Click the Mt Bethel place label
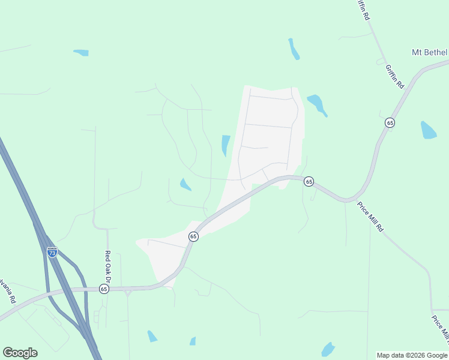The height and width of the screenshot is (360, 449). pyautogui.click(x=429, y=52)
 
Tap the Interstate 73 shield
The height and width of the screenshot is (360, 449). pyautogui.click(x=52, y=253)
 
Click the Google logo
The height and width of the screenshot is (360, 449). pyautogui.click(x=20, y=353)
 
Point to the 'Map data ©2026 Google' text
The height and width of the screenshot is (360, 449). pyautogui.click(x=412, y=355)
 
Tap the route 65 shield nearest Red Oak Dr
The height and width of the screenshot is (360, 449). pyautogui.click(x=104, y=289)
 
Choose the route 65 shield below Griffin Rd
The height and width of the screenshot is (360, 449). pyautogui.click(x=390, y=122)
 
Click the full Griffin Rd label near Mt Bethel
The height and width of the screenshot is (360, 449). pyautogui.click(x=395, y=77)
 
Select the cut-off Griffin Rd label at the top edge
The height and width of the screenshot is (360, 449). pyautogui.click(x=363, y=10)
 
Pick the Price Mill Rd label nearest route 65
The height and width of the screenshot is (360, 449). pyautogui.click(x=370, y=217)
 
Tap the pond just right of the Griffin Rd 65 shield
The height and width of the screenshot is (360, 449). pyautogui.click(x=428, y=130)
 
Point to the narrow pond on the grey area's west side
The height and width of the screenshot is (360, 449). pyautogui.click(x=226, y=145)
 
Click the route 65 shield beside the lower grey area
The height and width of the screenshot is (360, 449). pyautogui.click(x=193, y=236)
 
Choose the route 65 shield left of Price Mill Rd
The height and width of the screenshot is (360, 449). pyautogui.click(x=309, y=181)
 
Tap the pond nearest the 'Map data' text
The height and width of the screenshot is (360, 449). pyautogui.click(x=328, y=349)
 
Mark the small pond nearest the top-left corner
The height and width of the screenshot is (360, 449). pyautogui.click(x=81, y=53)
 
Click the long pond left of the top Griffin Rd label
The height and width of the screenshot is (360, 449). pyautogui.click(x=294, y=49)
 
